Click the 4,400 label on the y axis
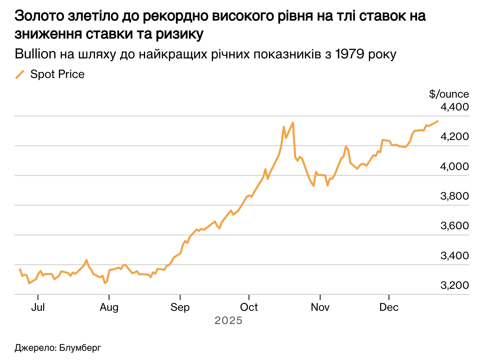coord(454,108)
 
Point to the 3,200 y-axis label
coord(454,286)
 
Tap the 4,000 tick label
coord(454,167)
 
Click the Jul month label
coord(38,307)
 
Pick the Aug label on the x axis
coord(109,307)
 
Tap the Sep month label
coord(180,307)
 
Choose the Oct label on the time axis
coord(249,307)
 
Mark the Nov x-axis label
coord(320,307)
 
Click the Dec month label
coord(389,307)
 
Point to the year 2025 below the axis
coord(229,321)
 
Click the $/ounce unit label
coord(449,94)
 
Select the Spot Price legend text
coord(58,74)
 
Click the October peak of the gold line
coord(293,122)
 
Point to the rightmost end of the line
coord(438,121)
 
